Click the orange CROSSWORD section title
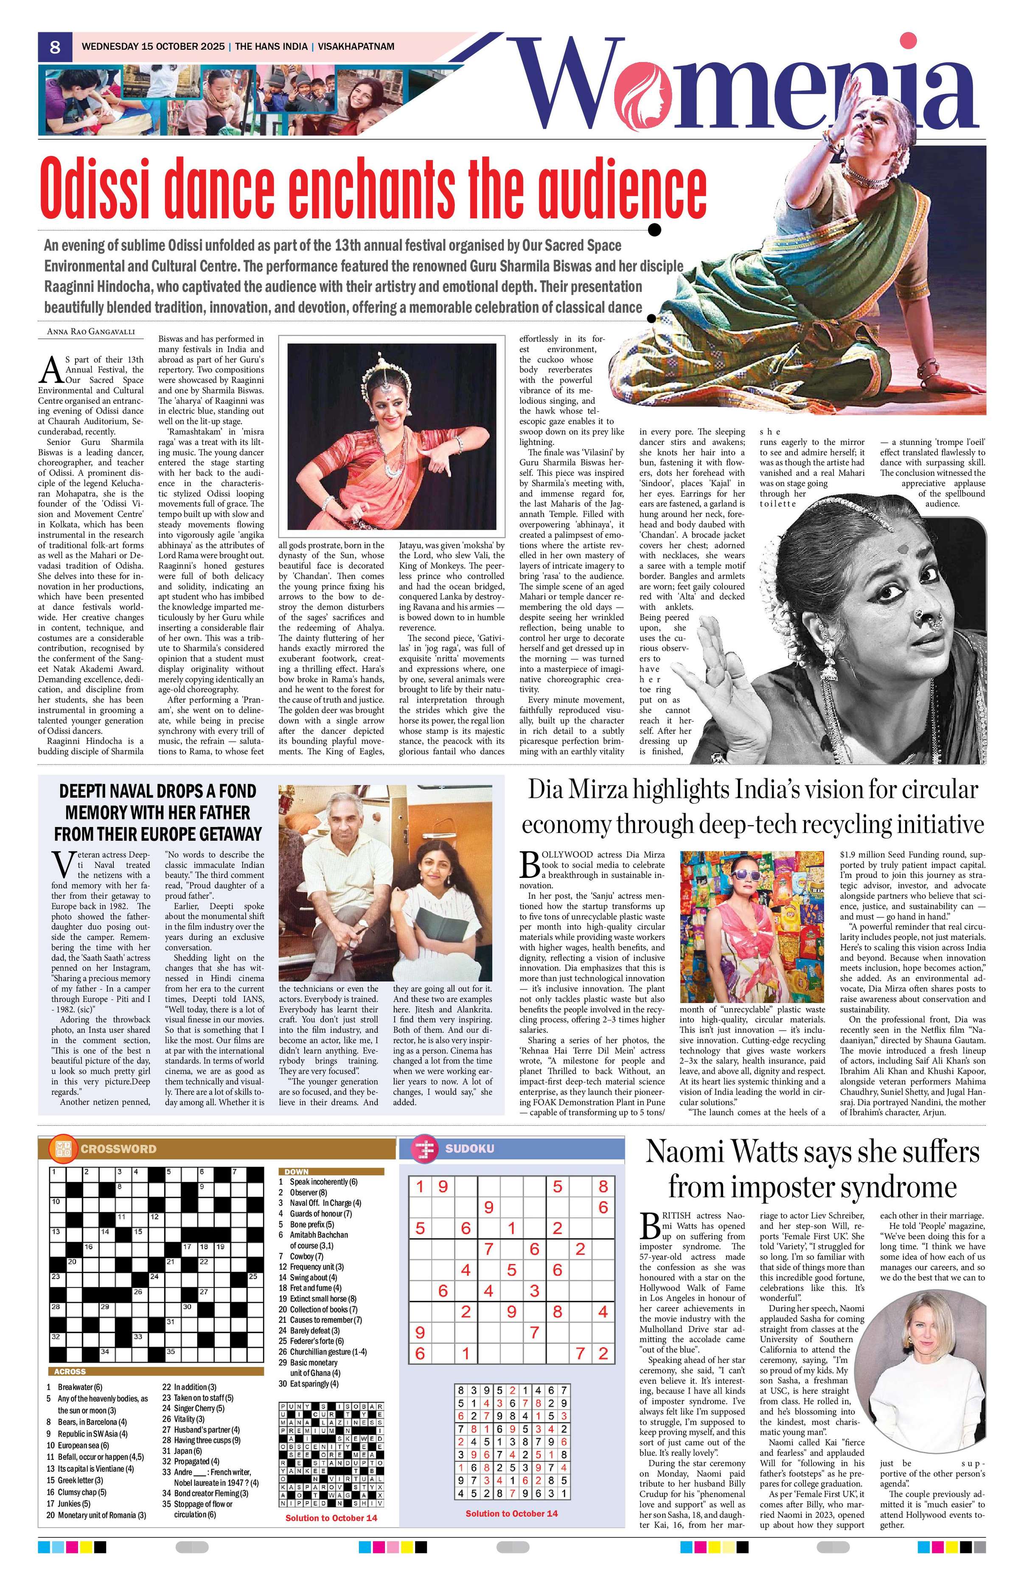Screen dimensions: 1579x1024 point(118,1149)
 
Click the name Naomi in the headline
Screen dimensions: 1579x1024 point(689,1152)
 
